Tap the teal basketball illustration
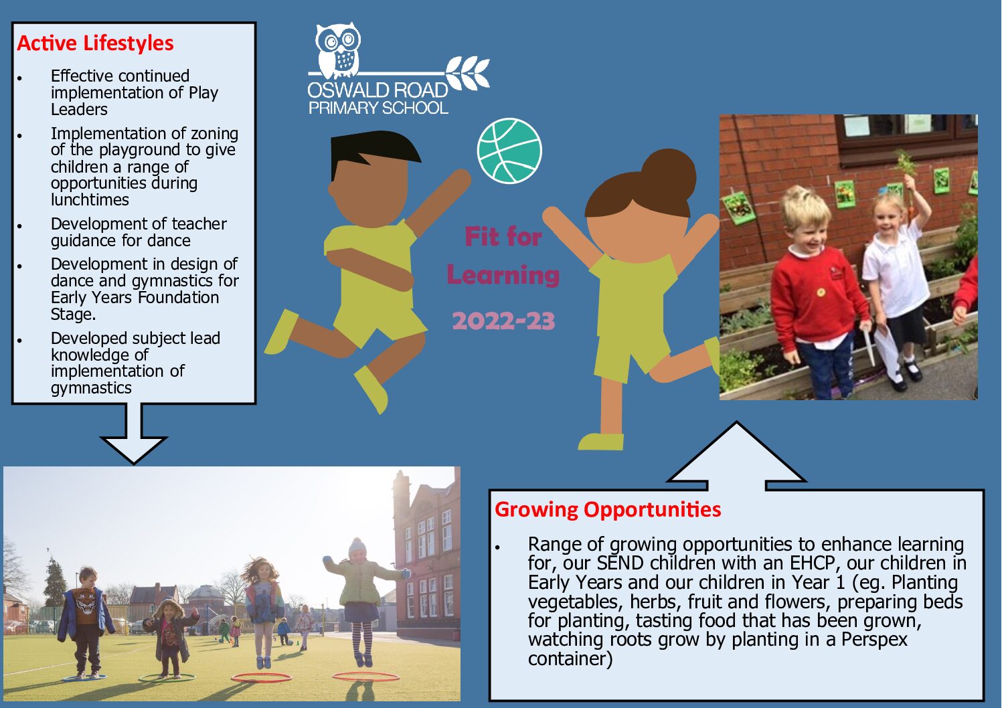click(509, 151)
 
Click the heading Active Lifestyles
click(95, 43)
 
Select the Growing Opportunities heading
click(608, 510)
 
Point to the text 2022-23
click(504, 321)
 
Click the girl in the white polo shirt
click(896, 286)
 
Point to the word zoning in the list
click(215, 135)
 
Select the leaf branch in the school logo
click(467, 72)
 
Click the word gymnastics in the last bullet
click(91, 388)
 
